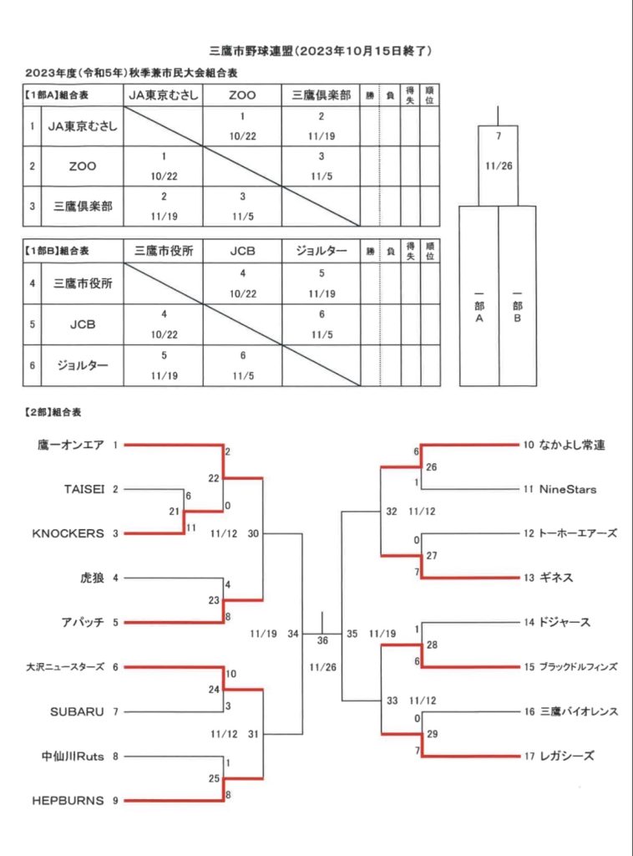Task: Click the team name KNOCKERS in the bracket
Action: pos(68,533)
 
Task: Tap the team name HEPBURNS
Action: pos(68,801)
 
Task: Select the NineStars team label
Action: pos(568,489)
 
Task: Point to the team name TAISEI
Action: pos(84,489)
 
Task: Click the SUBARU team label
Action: pos(77,712)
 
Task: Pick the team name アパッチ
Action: pos(83,622)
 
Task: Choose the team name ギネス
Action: pos(556,578)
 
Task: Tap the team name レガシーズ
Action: pos(566,756)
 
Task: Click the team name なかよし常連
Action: pos(572,445)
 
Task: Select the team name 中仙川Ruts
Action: pos(73,756)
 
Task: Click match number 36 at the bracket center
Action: pos(322,640)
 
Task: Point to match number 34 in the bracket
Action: pos(293,634)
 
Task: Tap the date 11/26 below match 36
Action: pos(323,667)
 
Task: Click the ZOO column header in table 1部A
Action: pos(242,95)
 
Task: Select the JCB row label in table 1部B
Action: pos(83,324)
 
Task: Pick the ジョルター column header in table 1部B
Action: pos(322,251)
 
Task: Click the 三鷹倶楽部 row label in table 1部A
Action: pos(83,206)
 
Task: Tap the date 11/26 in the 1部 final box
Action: pos(499,166)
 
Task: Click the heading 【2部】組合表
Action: pos(53,412)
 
